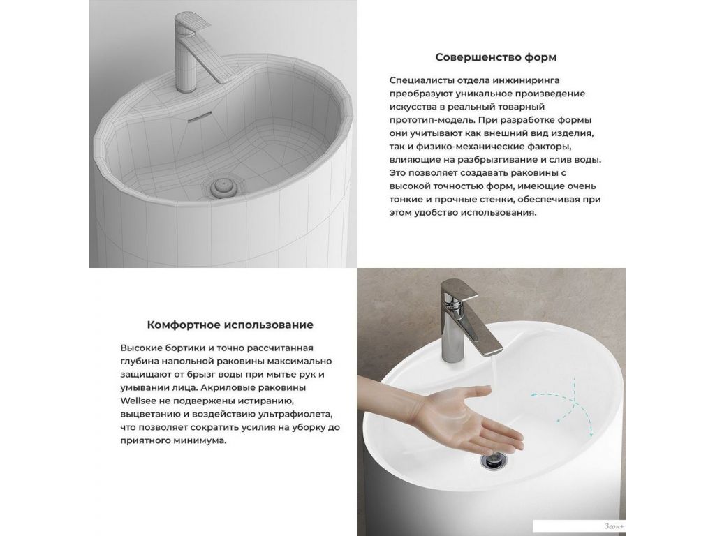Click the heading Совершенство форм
point(496,57)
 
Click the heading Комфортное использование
point(230,325)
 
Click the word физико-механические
point(463,147)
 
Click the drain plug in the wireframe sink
point(223,186)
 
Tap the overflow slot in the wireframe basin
point(200,117)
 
